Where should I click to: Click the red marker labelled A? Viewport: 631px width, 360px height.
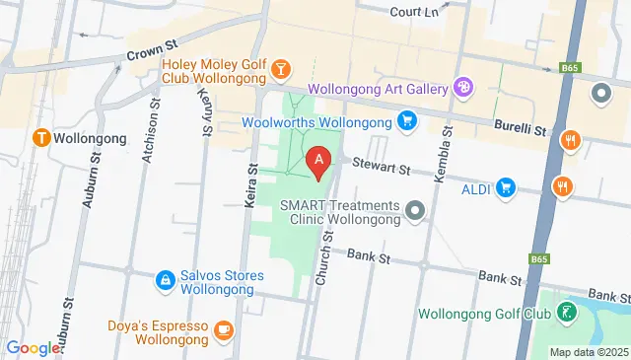click(318, 161)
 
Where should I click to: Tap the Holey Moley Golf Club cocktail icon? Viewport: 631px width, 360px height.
click(282, 68)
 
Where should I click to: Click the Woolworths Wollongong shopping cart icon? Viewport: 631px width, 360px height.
click(406, 121)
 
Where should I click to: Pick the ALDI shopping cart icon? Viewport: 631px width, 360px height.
click(506, 186)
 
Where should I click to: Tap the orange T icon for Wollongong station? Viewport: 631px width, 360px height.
click(41, 138)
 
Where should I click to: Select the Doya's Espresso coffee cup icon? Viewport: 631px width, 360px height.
click(224, 327)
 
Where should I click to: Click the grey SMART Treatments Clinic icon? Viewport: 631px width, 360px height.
click(415, 209)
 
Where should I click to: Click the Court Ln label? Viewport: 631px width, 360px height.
click(413, 12)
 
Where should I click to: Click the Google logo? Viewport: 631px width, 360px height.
click(33, 348)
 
